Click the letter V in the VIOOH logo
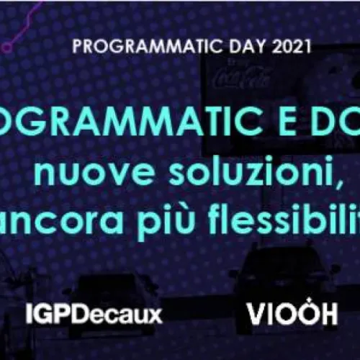(x=256, y=314)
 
